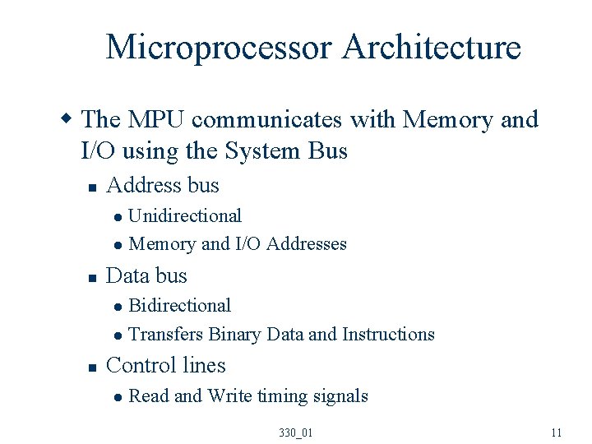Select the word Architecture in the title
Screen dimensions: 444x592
[432, 48]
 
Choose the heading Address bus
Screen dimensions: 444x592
[163, 186]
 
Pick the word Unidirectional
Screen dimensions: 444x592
[185, 216]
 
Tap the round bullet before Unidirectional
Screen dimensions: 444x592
[118, 218]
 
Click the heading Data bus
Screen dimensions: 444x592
[147, 276]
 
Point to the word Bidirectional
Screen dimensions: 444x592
[180, 306]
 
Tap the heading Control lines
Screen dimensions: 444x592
[166, 366]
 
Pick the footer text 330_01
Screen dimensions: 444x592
[296, 432]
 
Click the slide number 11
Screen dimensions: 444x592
[557, 432]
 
